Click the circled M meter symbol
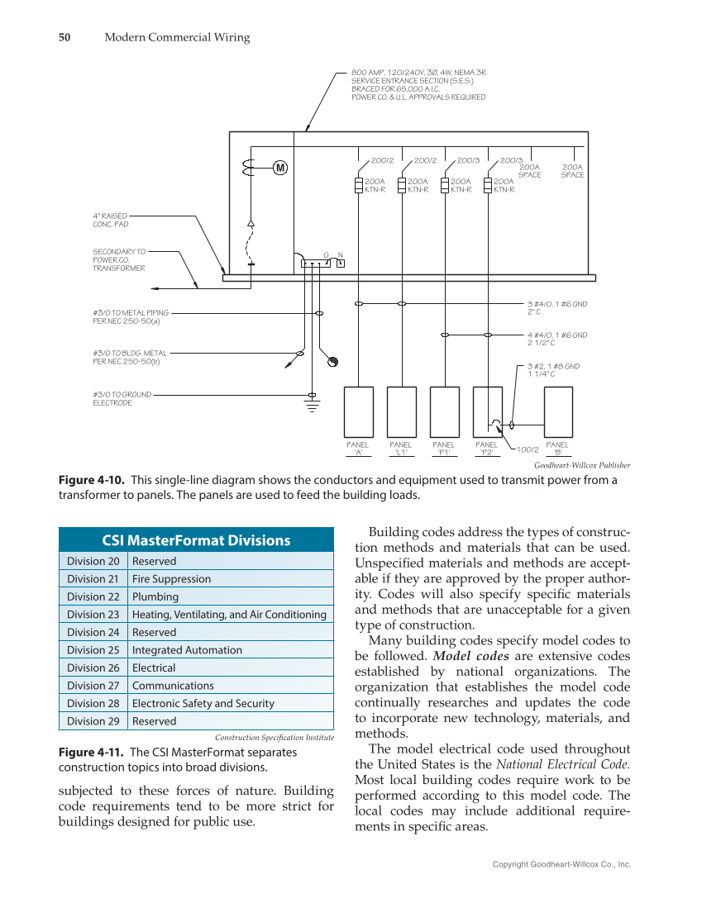click(x=280, y=169)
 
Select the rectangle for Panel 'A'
click(x=358, y=410)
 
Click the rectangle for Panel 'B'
click(x=558, y=410)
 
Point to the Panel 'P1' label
click(x=444, y=449)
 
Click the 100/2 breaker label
click(x=528, y=450)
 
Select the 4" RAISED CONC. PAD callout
click(x=111, y=219)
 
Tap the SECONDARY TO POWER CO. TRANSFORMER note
click(x=119, y=259)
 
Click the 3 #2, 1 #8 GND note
click(x=553, y=369)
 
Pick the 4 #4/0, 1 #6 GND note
click(x=556, y=339)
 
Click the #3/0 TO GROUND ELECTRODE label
click(x=122, y=398)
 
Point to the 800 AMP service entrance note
click(x=418, y=84)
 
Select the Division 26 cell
click(x=93, y=668)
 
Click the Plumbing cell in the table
click(x=155, y=596)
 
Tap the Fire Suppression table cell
click(x=171, y=579)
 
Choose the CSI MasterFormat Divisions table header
click(x=196, y=540)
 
